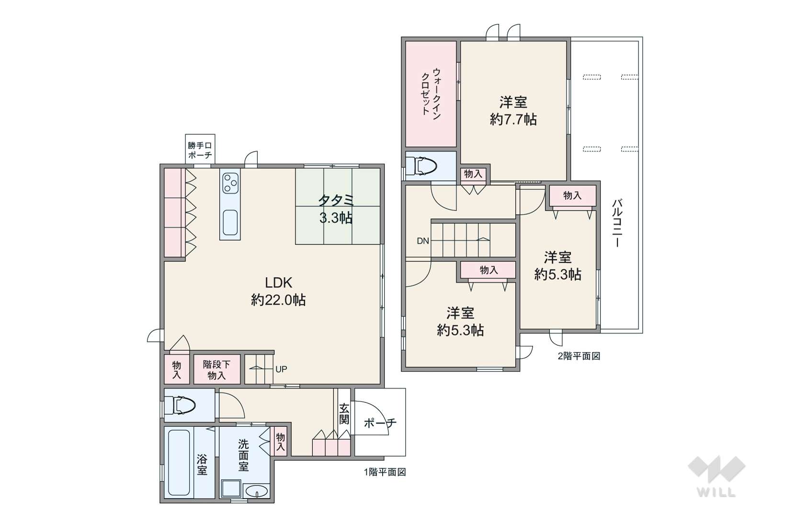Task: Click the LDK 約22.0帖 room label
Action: pos(278,291)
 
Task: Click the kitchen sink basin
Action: pos(230,223)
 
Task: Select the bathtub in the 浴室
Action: pos(179,463)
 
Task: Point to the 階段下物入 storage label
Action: pos(216,369)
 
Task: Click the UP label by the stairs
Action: pos(281,369)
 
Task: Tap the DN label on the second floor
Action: pos(422,241)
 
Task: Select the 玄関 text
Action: pos(344,414)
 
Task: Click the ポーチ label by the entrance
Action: pos(380,423)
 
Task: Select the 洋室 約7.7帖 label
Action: pos(513,111)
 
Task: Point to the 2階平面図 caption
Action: pos(579,356)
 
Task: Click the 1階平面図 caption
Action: pos(385,472)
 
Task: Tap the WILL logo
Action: pos(717,476)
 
